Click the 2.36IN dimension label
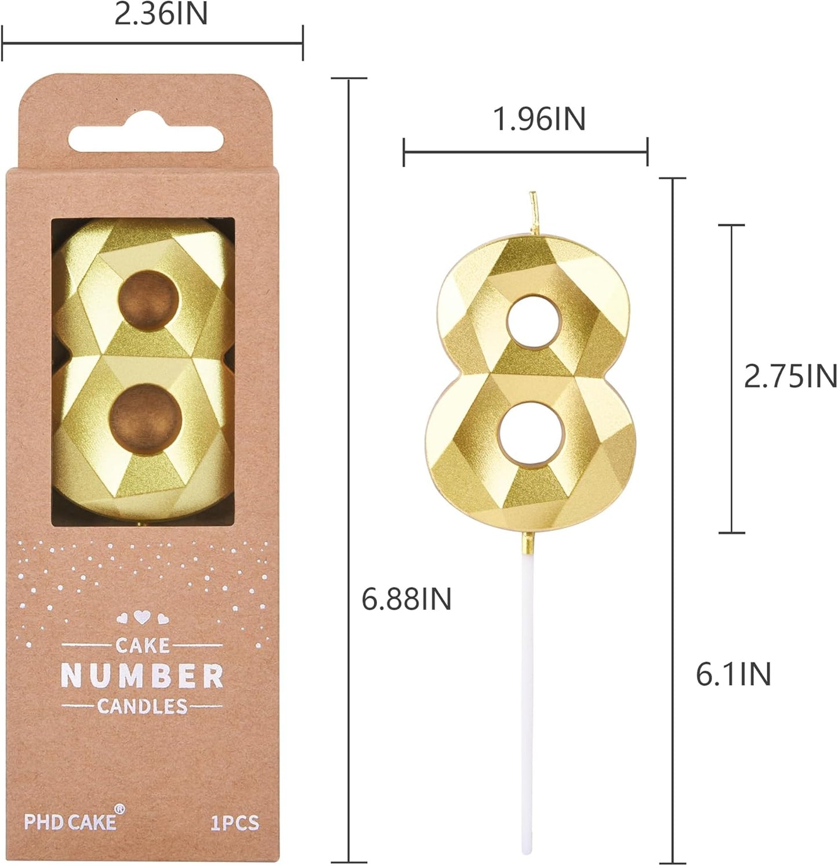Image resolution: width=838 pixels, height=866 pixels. pos(161,15)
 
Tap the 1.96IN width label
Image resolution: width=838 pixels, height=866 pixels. pos(539,119)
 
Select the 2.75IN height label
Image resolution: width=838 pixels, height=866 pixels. pos(790,377)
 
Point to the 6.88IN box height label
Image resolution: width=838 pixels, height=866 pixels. pos(406,599)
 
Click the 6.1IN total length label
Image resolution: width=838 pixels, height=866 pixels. pos(733,674)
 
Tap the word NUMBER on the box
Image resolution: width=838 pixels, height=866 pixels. pos(142,676)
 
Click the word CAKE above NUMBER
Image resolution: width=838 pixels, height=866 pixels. pos(142,645)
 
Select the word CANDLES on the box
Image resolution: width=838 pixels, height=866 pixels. pos(142,706)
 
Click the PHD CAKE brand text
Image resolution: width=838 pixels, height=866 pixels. pos(70,821)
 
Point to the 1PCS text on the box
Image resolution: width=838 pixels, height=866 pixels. pos(234,822)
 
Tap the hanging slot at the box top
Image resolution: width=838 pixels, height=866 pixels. pos(146,139)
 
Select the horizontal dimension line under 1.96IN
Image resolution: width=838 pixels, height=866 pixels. pos(525,153)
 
